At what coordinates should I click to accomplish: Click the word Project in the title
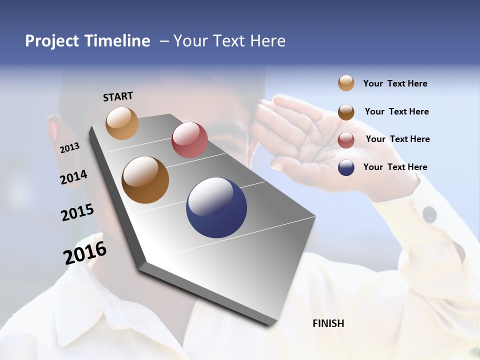point(51,41)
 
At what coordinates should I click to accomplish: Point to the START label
point(118,96)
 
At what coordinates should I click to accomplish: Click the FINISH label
point(328,323)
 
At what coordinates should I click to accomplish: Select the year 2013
point(70,148)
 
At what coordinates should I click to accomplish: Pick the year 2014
point(74,177)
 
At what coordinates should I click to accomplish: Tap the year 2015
point(77,212)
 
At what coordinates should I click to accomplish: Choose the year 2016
point(85,253)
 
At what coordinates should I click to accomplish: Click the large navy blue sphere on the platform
point(216,207)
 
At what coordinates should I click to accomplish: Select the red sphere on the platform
point(189,140)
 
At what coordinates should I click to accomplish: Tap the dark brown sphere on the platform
point(145,180)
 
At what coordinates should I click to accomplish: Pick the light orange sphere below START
point(122,123)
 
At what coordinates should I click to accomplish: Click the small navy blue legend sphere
point(346,167)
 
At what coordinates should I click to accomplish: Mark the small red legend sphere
point(346,140)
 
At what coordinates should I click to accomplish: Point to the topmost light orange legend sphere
point(346,83)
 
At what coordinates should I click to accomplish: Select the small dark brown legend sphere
point(346,112)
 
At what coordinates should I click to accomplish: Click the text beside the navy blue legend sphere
point(395,167)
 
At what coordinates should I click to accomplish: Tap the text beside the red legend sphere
point(397,139)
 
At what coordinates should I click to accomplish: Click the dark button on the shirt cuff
point(429,214)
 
